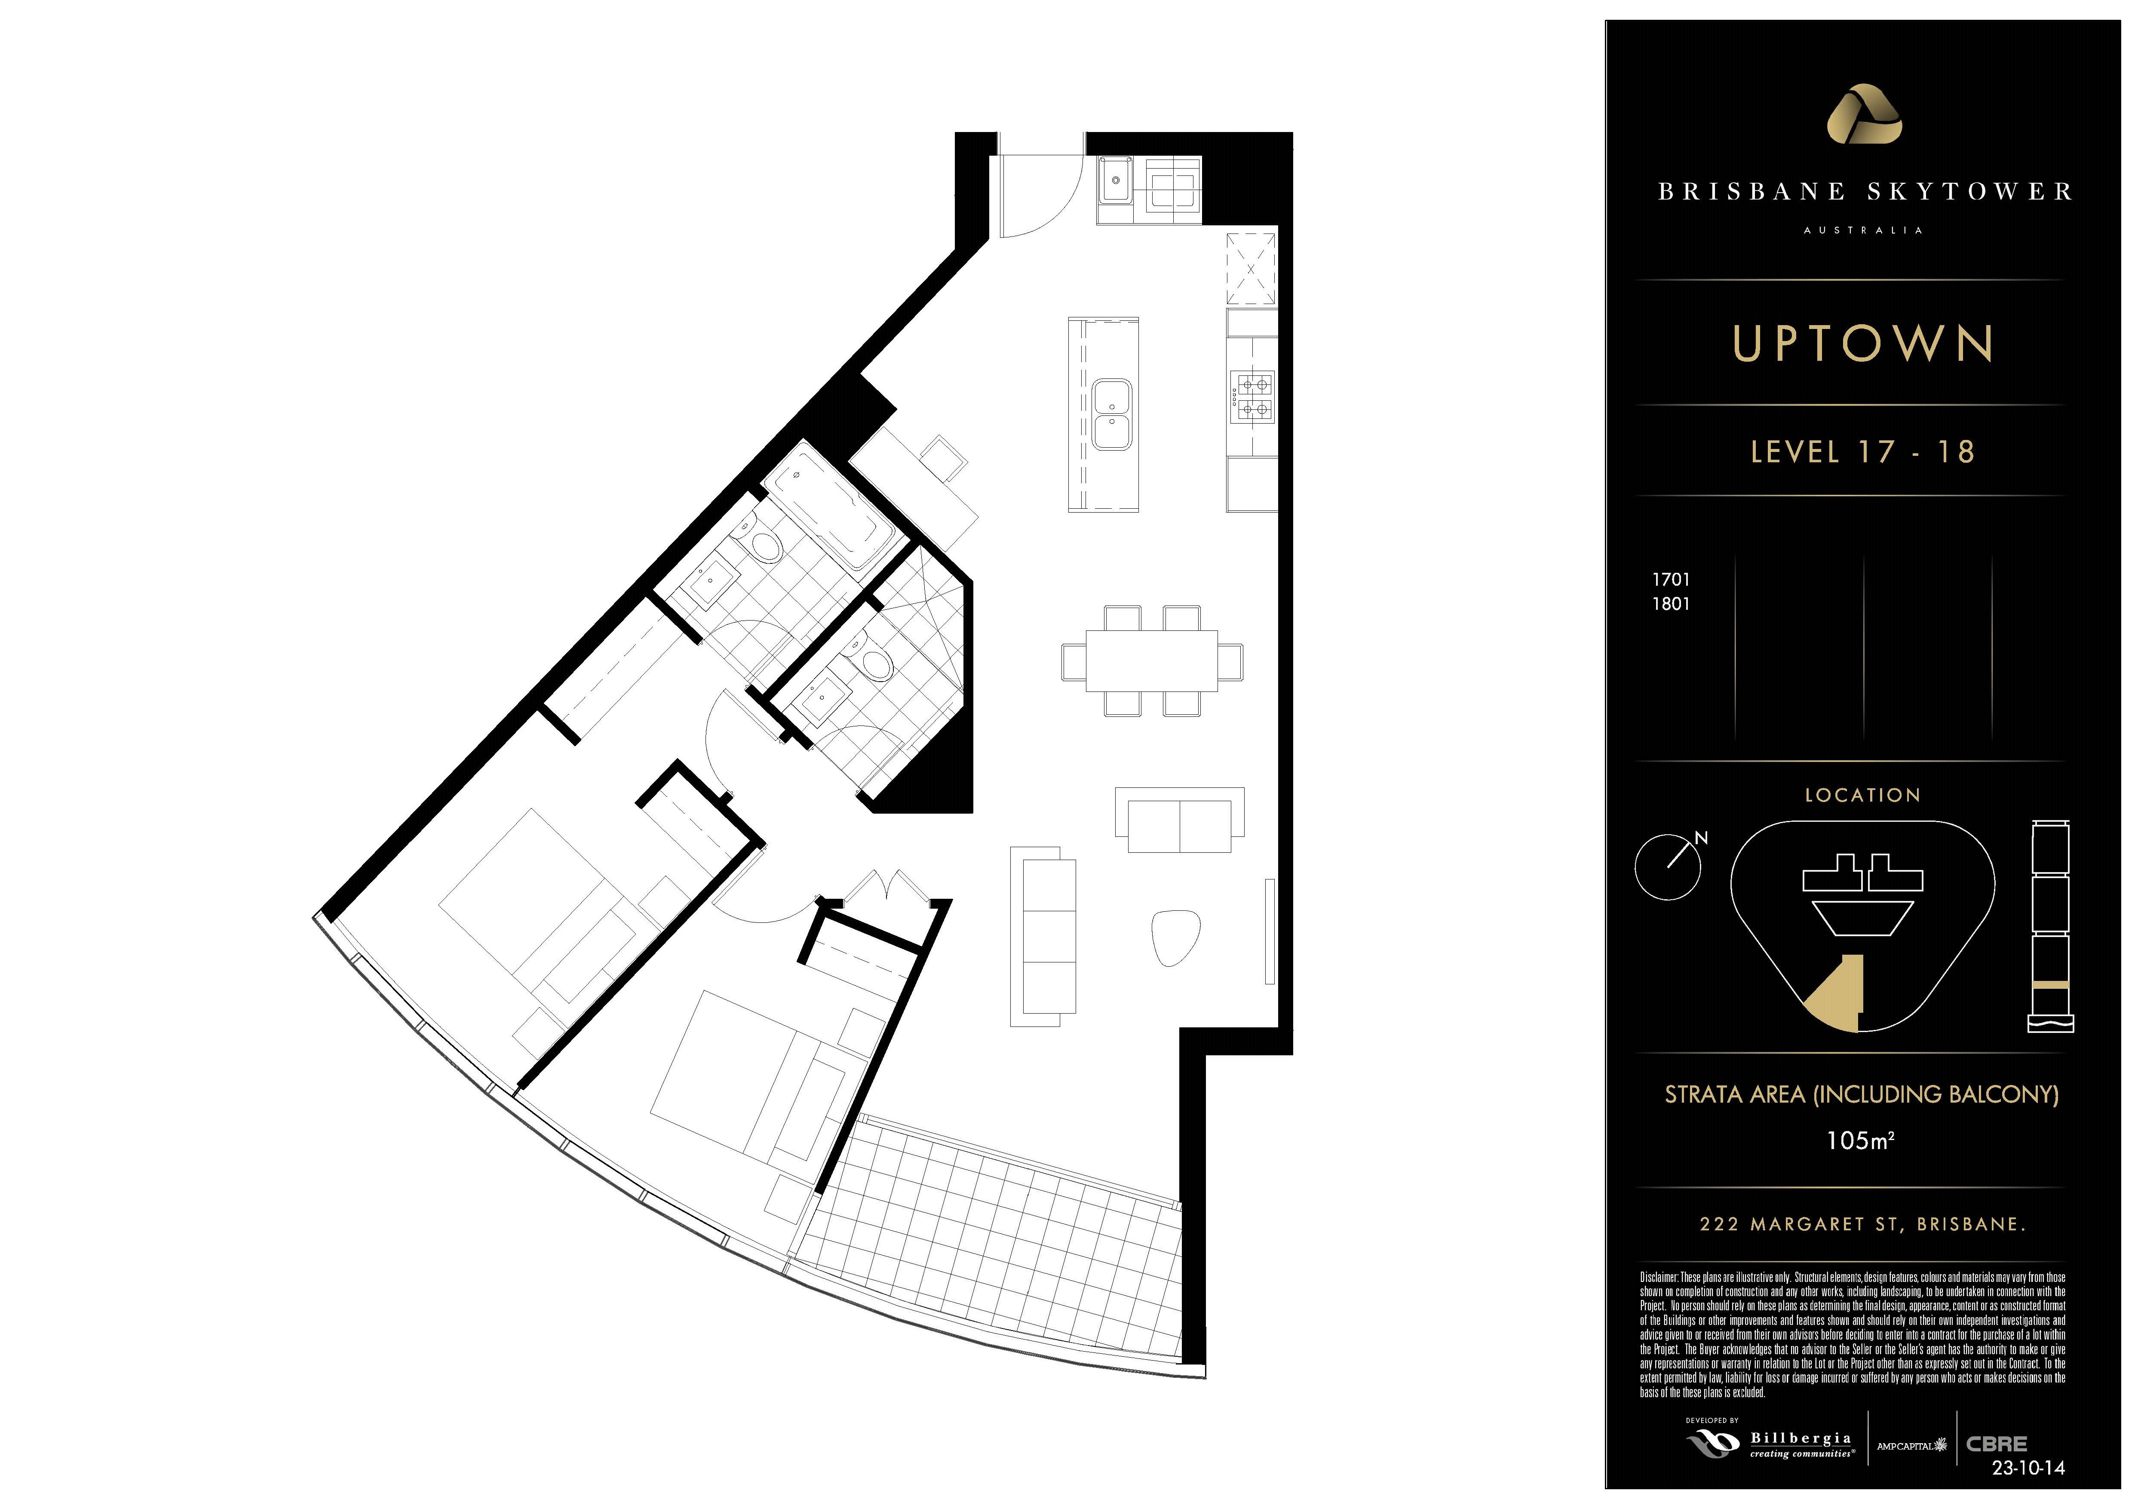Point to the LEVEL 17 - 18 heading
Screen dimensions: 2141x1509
[x=1862, y=452]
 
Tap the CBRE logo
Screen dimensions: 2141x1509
[x=1997, y=1444]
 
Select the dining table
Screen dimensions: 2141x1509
[x=1152, y=661]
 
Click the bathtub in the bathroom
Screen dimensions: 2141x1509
[x=833, y=505]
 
